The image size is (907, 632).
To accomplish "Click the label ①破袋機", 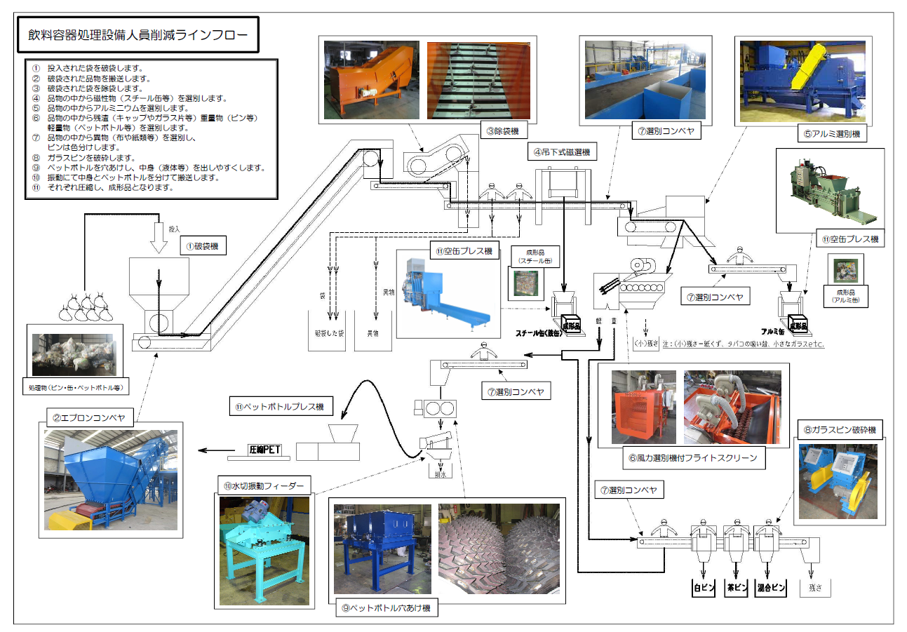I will point(203,246).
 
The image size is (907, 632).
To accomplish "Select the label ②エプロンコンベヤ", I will point(87,418).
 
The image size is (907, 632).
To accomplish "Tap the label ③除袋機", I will point(504,130).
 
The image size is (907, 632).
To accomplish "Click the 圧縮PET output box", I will point(264,450).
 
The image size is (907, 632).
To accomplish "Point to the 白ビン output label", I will point(702,588).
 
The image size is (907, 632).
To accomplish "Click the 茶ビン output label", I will point(735,588).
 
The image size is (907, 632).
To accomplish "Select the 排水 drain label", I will point(441,473).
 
